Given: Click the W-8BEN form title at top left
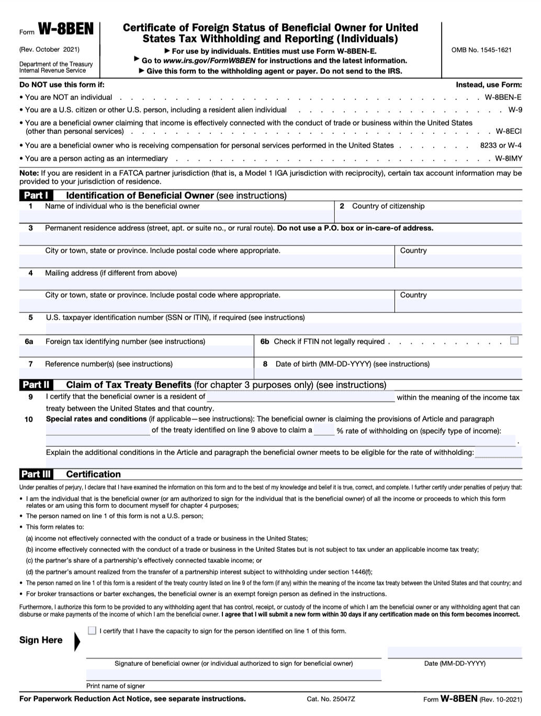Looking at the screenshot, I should point(65,30).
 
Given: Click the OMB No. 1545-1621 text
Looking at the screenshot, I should point(481,50).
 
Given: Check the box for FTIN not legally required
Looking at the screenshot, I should point(514,340).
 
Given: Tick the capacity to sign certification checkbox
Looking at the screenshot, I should point(92,630).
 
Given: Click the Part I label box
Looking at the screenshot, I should point(36,196).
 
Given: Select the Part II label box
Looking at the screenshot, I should point(36,385).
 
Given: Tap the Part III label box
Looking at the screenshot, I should point(36,474).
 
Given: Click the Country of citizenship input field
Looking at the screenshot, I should point(428,216).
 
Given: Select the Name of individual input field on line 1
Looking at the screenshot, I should point(176,216).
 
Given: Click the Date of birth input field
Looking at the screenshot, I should point(388,373).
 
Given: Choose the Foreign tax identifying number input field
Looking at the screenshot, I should point(136,351).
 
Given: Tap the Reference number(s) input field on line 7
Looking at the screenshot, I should point(136,373).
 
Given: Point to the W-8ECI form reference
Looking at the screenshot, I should point(509,132).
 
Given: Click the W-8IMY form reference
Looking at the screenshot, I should point(508,158).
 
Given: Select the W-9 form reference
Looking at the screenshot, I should point(515,110).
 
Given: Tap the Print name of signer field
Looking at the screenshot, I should point(233,675).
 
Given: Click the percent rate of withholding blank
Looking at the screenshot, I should point(324,430).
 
